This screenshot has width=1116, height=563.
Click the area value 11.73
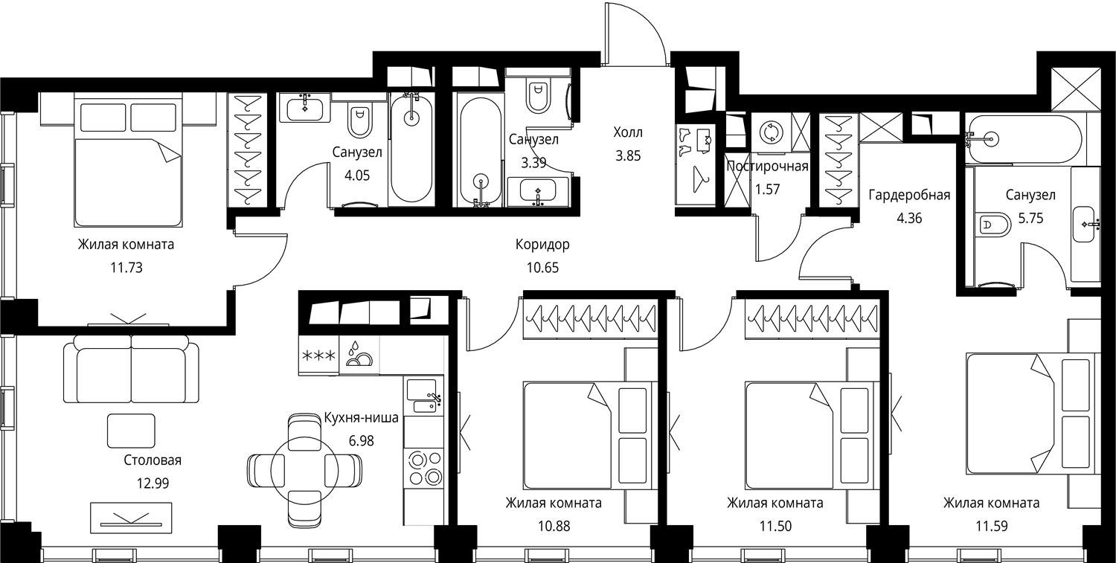tap(126, 268)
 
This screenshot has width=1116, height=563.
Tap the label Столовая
tap(153, 460)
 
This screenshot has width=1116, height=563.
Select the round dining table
tap(305, 471)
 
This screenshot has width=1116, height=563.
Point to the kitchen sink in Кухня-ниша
tap(423, 396)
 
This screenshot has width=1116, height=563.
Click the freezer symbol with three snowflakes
tap(318, 356)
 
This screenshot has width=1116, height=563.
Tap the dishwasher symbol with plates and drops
tap(359, 355)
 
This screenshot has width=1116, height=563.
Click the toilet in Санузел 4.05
tap(359, 122)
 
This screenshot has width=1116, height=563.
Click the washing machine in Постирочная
tap(771, 133)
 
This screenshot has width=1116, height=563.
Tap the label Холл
tap(628, 132)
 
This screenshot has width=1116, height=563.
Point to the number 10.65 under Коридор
tap(542, 268)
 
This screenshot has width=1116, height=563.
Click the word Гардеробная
tap(909, 195)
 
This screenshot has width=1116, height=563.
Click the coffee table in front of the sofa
tap(131, 430)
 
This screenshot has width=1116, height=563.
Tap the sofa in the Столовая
tap(131, 369)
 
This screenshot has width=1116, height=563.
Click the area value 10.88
tap(554, 526)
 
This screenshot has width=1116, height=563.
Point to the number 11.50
tap(775, 526)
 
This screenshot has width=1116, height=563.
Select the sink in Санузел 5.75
tap(1086, 224)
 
